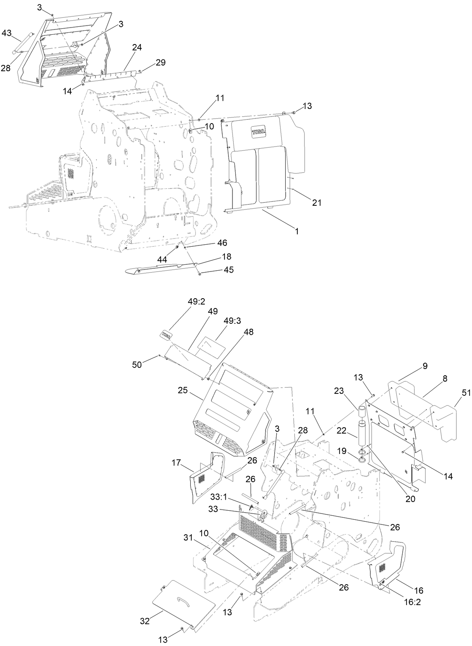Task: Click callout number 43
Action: pyautogui.click(x=7, y=33)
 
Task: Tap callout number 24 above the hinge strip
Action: pyautogui.click(x=137, y=48)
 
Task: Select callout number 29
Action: pyautogui.click(x=160, y=62)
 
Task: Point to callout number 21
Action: pyautogui.click(x=317, y=203)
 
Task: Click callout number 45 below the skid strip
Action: pyautogui.click(x=229, y=269)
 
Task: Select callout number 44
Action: pyautogui.click(x=162, y=260)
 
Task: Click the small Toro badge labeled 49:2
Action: pyautogui.click(x=166, y=335)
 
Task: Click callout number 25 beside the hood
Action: pyautogui.click(x=182, y=391)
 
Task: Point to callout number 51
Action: pyautogui.click(x=466, y=392)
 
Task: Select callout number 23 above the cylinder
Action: pyautogui.click(x=339, y=391)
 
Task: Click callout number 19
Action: pyautogui.click(x=341, y=449)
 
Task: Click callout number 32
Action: pyautogui.click(x=145, y=622)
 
